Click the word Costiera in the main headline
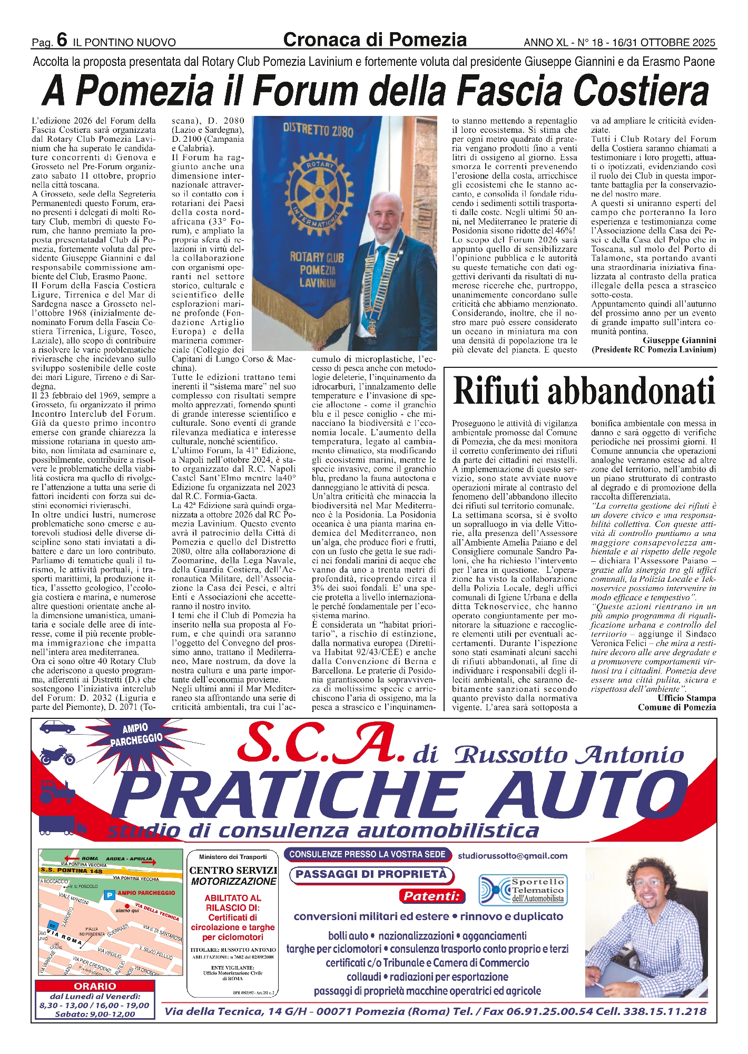pyautogui.click(x=641, y=91)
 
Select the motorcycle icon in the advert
pyautogui.click(x=57, y=756)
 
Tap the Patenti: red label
pyautogui.click(x=432, y=896)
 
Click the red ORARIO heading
pyautogui.click(x=95, y=986)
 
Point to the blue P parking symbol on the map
pyautogui.click(x=110, y=894)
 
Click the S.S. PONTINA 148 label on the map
pyautogui.click(x=72, y=871)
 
